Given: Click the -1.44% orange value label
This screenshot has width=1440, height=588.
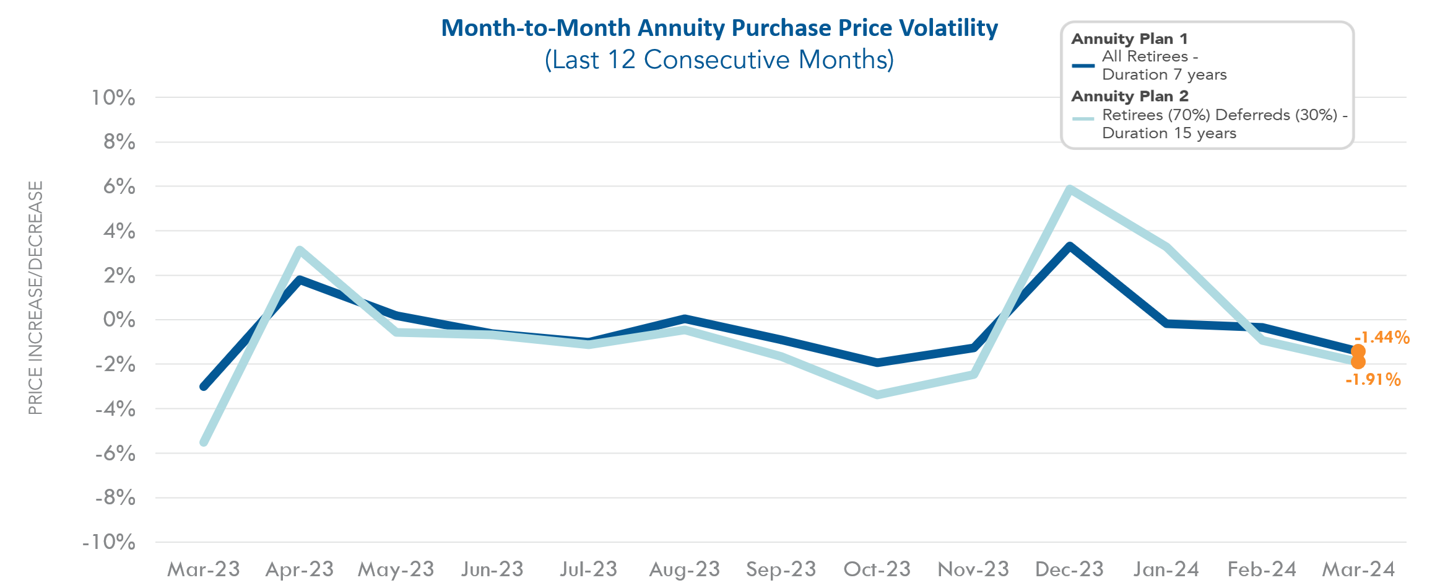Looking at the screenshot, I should tap(1382, 338).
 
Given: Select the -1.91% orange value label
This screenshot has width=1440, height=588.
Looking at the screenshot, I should tap(1373, 379).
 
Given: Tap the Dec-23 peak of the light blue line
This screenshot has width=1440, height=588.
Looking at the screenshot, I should tap(1070, 188).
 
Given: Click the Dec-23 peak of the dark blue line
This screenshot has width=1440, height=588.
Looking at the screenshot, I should tap(1070, 246).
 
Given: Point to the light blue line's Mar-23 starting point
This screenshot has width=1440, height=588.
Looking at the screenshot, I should tap(204, 442).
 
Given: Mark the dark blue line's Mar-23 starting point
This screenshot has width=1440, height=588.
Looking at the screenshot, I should tap(204, 387).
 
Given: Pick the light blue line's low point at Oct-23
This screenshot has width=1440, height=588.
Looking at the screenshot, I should tap(877, 395).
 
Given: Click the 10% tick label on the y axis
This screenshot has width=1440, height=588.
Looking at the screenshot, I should tap(113, 97).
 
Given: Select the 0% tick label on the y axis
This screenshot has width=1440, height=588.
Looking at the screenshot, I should tap(119, 320).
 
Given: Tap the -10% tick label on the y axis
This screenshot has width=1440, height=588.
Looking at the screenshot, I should tap(109, 542).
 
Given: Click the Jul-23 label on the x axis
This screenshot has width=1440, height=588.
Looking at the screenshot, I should tap(588, 569).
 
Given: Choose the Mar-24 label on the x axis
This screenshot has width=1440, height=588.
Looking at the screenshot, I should tap(1358, 569).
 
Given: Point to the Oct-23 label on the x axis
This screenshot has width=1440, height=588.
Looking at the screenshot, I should tap(877, 569).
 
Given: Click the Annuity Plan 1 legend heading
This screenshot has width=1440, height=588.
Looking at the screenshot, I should tap(1129, 38).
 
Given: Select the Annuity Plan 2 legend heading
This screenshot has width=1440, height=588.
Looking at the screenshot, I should tap(1129, 96).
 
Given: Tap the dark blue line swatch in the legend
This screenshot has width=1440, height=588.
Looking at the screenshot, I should tap(1083, 65).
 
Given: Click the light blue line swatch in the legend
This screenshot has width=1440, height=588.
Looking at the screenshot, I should tap(1083, 118).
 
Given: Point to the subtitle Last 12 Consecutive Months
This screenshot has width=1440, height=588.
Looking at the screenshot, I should tap(719, 60).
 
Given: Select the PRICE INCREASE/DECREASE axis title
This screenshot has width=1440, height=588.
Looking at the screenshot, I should tap(35, 297).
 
